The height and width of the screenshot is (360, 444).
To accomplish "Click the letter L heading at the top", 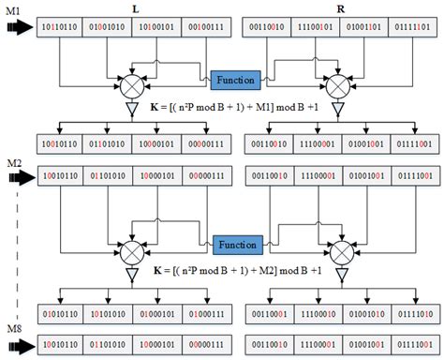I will (x=140, y=7).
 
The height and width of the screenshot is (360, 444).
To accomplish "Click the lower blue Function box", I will (x=237, y=244).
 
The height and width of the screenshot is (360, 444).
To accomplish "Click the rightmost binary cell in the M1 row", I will (x=412, y=30).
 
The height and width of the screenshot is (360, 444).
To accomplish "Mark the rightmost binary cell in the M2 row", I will (x=412, y=175).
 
